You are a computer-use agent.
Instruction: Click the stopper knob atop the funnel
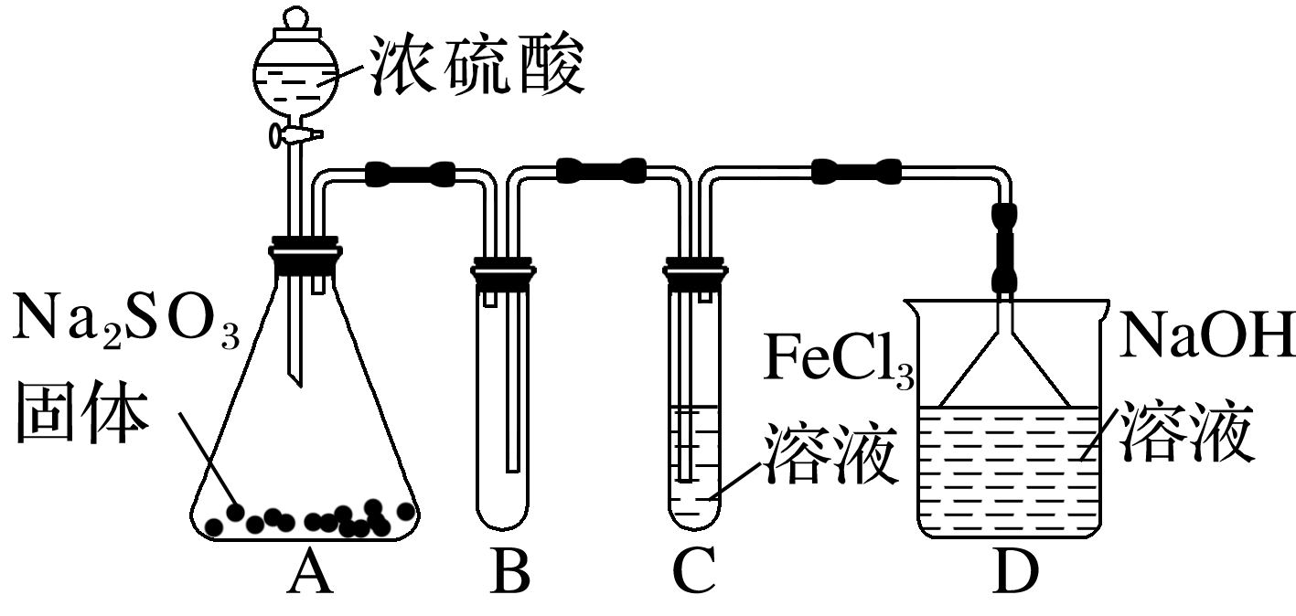[x=295, y=19]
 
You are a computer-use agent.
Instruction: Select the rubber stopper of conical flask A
[x=304, y=255]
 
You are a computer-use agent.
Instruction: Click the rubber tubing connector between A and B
[x=411, y=172]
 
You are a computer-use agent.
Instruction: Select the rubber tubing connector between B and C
[x=601, y=171]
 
